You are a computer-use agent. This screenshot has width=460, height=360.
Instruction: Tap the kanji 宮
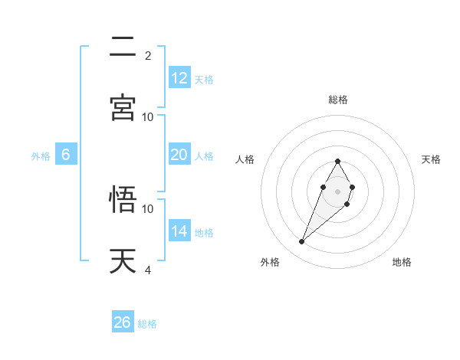(x=123, y=107)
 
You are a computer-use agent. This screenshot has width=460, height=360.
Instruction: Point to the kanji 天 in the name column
(x=123, y=260)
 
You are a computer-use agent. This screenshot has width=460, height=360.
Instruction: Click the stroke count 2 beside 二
(x=148, y=55)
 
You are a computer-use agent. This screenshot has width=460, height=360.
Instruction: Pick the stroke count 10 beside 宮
(x=148, y=116)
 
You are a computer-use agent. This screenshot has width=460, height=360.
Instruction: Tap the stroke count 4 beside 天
(x=148, y=270)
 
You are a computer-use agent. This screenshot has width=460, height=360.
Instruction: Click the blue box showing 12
(x=179, y=78)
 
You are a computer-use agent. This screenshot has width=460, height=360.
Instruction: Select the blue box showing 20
(x=179, y=155)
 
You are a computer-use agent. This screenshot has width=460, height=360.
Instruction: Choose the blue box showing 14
(x=179, y=231)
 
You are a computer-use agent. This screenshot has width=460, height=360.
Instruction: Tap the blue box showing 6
(x=66, y=155)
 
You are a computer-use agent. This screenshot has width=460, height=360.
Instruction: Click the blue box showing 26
(x=123, y=322)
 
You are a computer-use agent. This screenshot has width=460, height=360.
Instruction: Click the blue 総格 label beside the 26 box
(x=148, y=324)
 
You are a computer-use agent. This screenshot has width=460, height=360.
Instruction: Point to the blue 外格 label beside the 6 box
(x=41, y=156)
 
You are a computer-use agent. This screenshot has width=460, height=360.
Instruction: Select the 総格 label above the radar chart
(x=338, y=100)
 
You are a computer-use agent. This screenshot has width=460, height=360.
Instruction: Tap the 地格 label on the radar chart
(x=402, y=263)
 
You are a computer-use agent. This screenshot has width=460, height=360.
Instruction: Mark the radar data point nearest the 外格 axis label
(x=302, y=242)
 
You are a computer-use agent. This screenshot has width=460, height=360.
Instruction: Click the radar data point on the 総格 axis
(x=337, y=161)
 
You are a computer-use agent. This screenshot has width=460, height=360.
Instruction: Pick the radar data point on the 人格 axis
(x=323, y=187)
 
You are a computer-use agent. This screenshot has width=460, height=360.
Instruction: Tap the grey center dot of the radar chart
(x=337, y=190)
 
